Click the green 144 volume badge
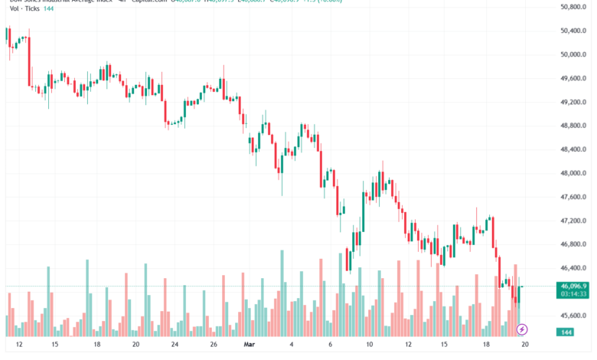pos(566,332)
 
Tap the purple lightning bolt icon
pos(523,330)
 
